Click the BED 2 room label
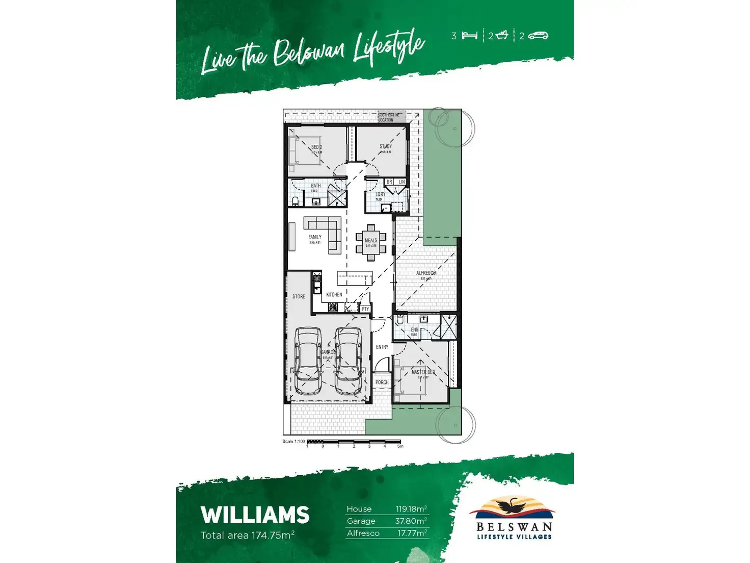316,147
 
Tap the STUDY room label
386,146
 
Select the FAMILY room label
315,237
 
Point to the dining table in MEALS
371,242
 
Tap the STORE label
299,296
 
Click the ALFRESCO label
426,273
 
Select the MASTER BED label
423,372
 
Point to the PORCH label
382,382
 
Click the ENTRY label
382,347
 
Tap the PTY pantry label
365,309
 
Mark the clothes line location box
391,118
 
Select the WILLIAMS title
255,515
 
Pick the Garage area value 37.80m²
411,521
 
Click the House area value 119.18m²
411,509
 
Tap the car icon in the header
538,36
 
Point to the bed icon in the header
469,36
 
